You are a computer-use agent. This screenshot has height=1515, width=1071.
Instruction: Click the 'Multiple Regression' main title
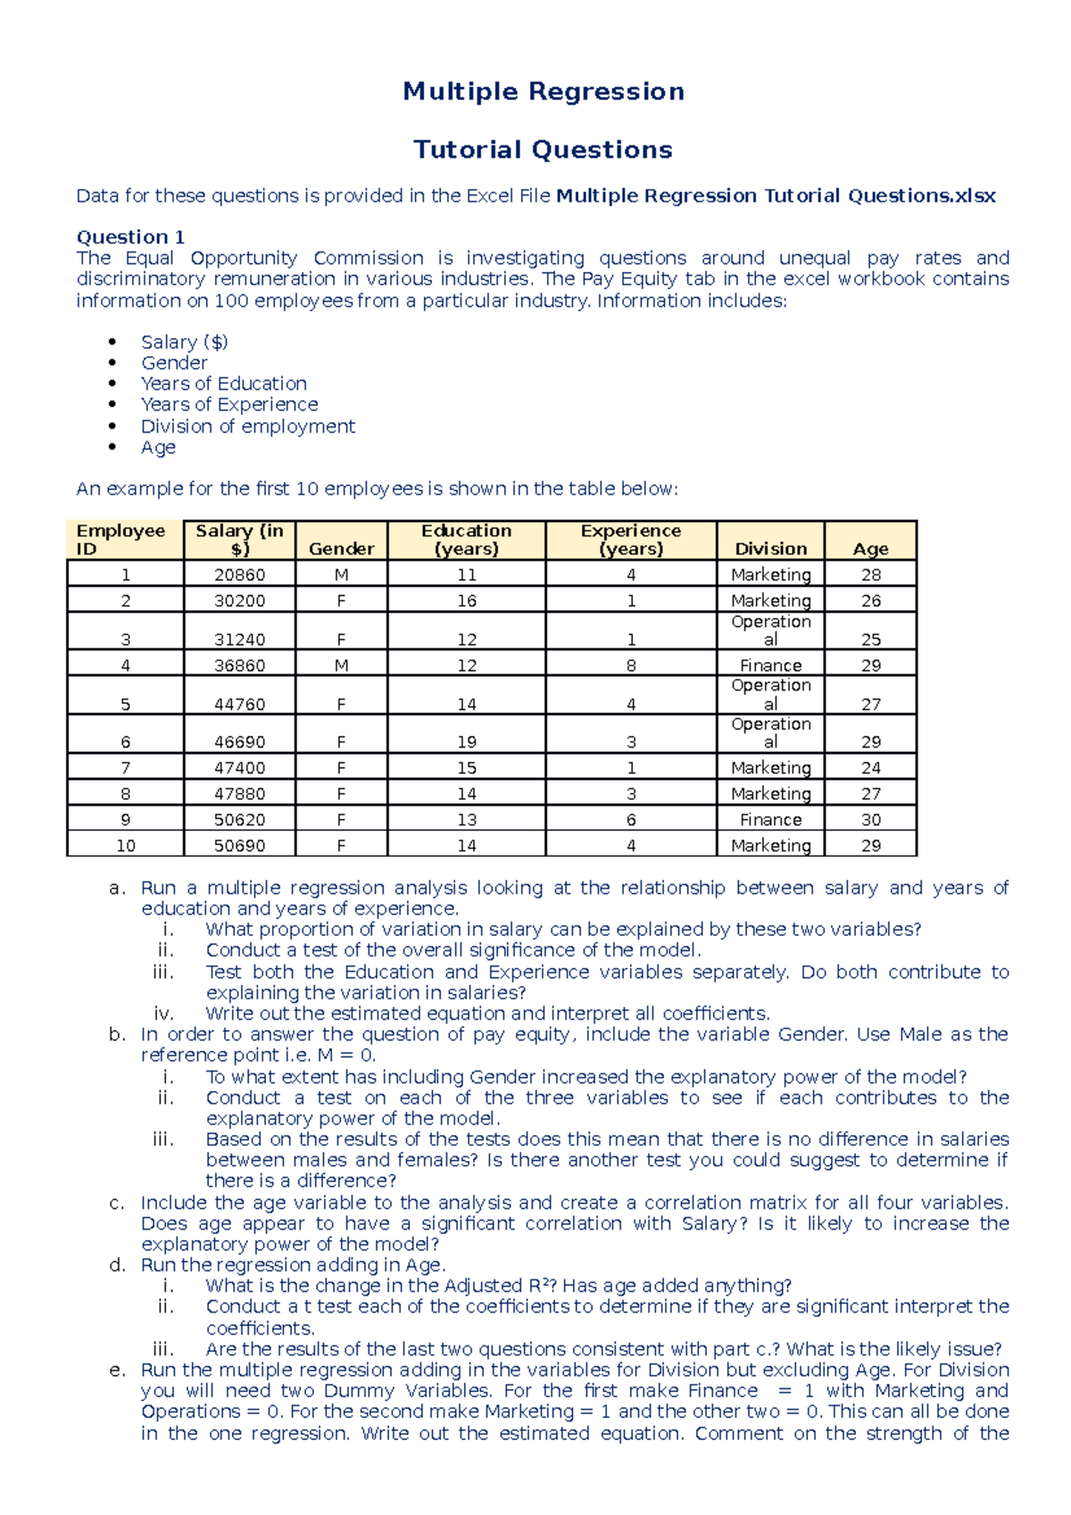pyautogui.click(x=544, y=92)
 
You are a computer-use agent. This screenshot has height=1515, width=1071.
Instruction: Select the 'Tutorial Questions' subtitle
pyautogui.click(x=543, y=150)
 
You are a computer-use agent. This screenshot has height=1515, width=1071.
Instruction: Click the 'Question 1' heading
pyautogui.click(x=130, y=237)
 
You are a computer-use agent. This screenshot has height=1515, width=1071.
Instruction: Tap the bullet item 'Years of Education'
pyautogui.click(x=223, y=384)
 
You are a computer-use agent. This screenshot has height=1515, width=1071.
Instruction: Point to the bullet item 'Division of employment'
pyautogui.click(x=247, y=426)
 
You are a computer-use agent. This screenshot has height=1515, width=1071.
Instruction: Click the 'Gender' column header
pyautogui.click(x=341, y=549)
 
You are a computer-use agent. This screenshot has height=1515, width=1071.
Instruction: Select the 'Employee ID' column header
pyautogui.click(x=120, y=540)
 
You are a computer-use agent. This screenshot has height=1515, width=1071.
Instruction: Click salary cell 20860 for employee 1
pyautogui.click(x=239, y=575)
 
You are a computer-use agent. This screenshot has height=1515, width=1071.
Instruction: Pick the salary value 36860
pyautogui.click(x=239, y=666)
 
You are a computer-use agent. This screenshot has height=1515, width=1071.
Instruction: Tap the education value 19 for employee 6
pyautogui.click(x=467, y=742)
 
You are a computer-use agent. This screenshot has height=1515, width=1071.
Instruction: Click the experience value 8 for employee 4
pyautogui.click(x=631, y=666)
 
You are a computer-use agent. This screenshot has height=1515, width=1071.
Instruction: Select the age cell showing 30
pyautogui.click(x=870, y=820)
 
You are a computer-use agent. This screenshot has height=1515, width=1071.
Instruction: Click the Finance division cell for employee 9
pyautogui.click(x=770, y=820)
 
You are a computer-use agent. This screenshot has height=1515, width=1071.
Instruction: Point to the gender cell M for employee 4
pyautogui.click(x=341, y=666)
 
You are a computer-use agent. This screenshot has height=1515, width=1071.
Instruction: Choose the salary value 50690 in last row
pyautogui.click(x=239, y=846)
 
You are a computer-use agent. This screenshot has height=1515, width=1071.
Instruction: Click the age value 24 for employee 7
pyautogui.click(x=870, y=768)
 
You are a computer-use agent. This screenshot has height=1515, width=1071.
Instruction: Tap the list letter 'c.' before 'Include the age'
pyautogui.click(x=117, y=1204)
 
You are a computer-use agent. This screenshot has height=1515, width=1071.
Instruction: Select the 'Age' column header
pyautogui.click(x=870, y=550)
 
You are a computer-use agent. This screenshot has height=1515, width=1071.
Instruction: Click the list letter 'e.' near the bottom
pyautogui.click(x=117, y=1370)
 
